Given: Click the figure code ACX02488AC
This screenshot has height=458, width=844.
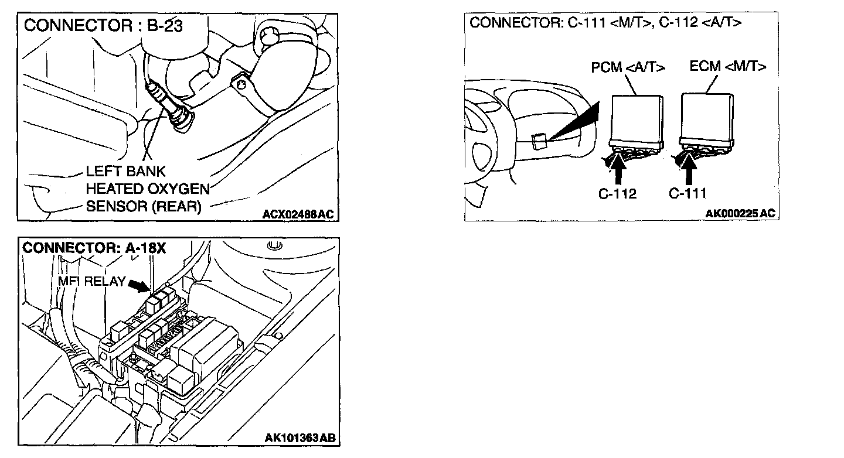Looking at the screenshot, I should click(x=298, y=214).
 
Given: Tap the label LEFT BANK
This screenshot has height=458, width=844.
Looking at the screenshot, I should click(x=125, y=172).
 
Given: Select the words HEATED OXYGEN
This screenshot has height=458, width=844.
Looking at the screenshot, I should click(x=148, y=189).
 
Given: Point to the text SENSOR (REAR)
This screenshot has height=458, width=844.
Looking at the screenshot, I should click(x=143, y=207).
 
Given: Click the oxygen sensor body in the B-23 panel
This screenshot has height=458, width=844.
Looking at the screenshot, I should click(x=170, y=105).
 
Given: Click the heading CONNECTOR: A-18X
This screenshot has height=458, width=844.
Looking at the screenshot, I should click(x=94, y=248).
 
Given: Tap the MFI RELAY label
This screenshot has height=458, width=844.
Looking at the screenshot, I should click(x=91, y=281).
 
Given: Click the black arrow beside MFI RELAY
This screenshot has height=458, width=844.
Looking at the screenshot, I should click(x=139, y=285).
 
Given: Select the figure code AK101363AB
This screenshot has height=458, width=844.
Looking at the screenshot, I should click(x=300, y=438).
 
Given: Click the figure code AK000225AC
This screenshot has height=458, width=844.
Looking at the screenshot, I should click(x=740, y=214).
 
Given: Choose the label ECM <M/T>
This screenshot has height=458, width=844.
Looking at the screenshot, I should click(x=727, y=66).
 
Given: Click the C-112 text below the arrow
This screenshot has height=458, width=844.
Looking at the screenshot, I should click(x=617, y=193).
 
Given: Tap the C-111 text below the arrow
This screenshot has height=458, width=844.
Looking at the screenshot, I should click(x=688, y=193).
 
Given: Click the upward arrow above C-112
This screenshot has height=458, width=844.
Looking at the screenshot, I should click(x=618, y=170).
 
